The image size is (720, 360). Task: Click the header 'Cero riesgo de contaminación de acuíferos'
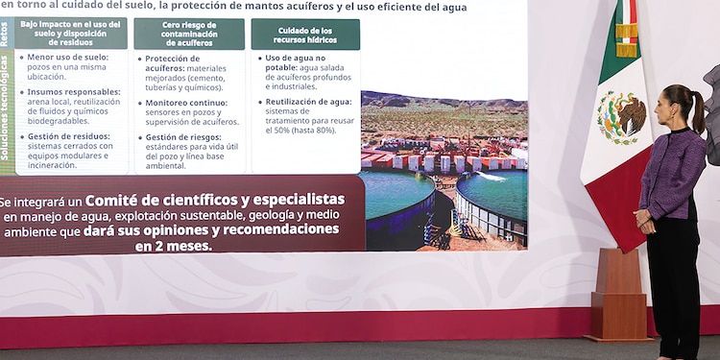[x=189, y=34]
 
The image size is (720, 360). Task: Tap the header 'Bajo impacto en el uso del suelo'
[x=70, y=33]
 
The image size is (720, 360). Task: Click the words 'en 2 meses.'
[x=173, y=246]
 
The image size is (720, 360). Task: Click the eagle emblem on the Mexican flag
[x=621, y=116]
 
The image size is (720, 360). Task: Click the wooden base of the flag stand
[x=618, y=297]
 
